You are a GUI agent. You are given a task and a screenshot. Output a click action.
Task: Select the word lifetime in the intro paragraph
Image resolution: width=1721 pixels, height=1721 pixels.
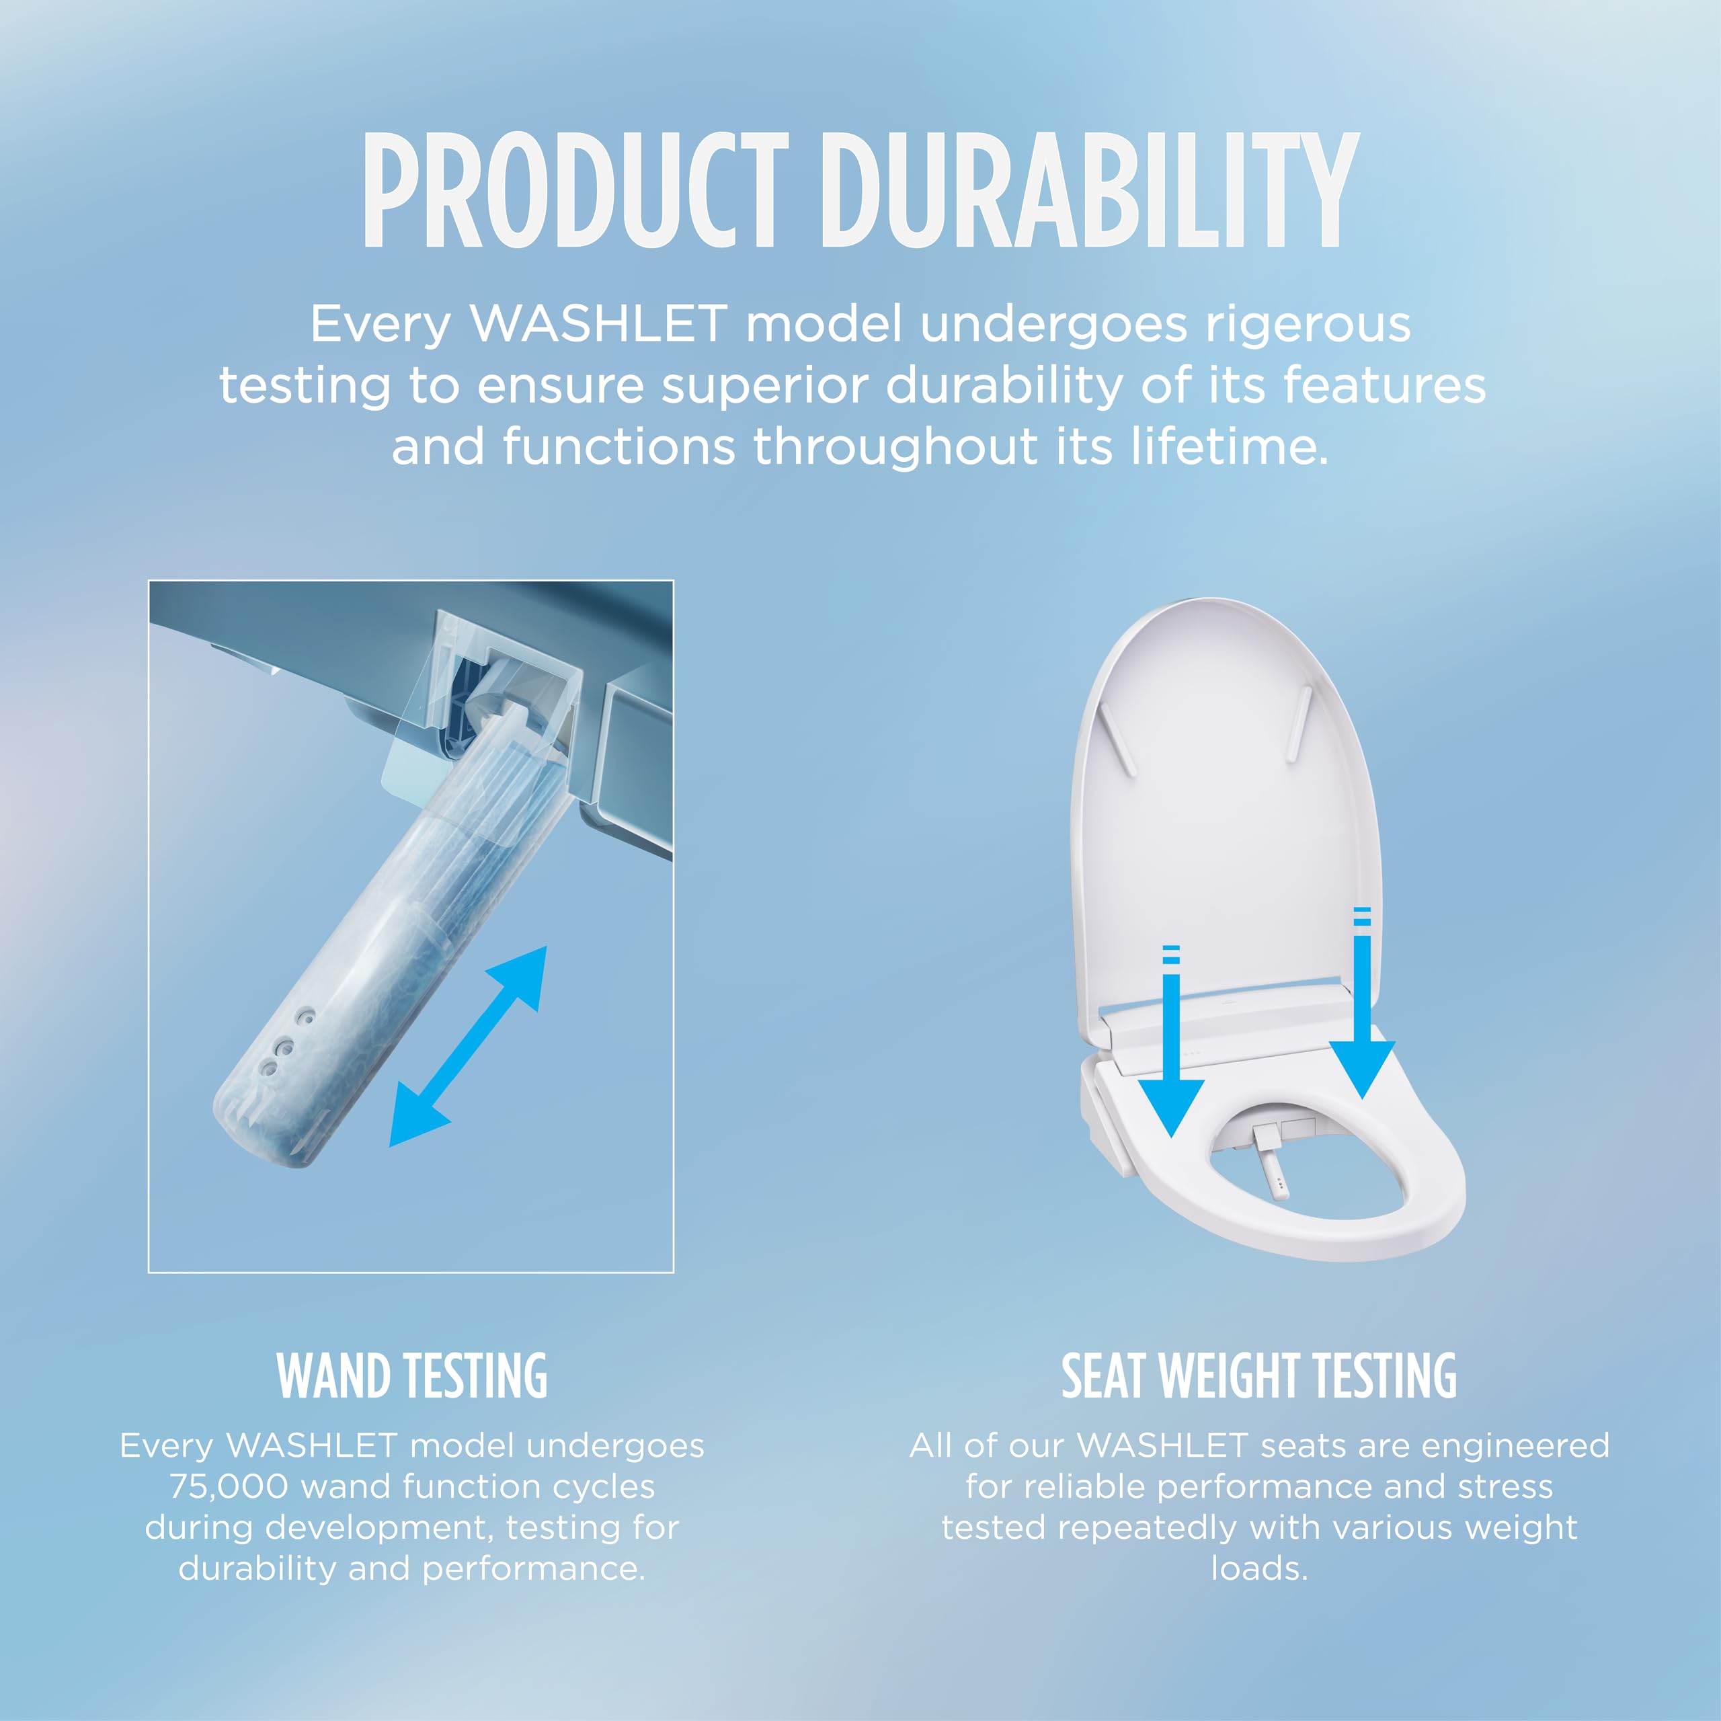click(1230, 446)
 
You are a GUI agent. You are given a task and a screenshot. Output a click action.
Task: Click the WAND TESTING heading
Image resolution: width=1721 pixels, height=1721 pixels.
click(411, 1376)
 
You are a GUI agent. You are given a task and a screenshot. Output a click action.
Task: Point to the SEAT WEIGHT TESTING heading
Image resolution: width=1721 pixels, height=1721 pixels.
click(1258, 1376)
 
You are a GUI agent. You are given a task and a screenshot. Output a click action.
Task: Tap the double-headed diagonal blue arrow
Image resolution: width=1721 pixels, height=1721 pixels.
click(469, 1046)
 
